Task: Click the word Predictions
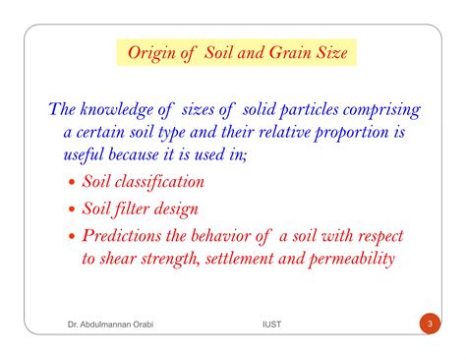coord(126,235)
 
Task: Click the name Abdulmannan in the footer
coord(102,325)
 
